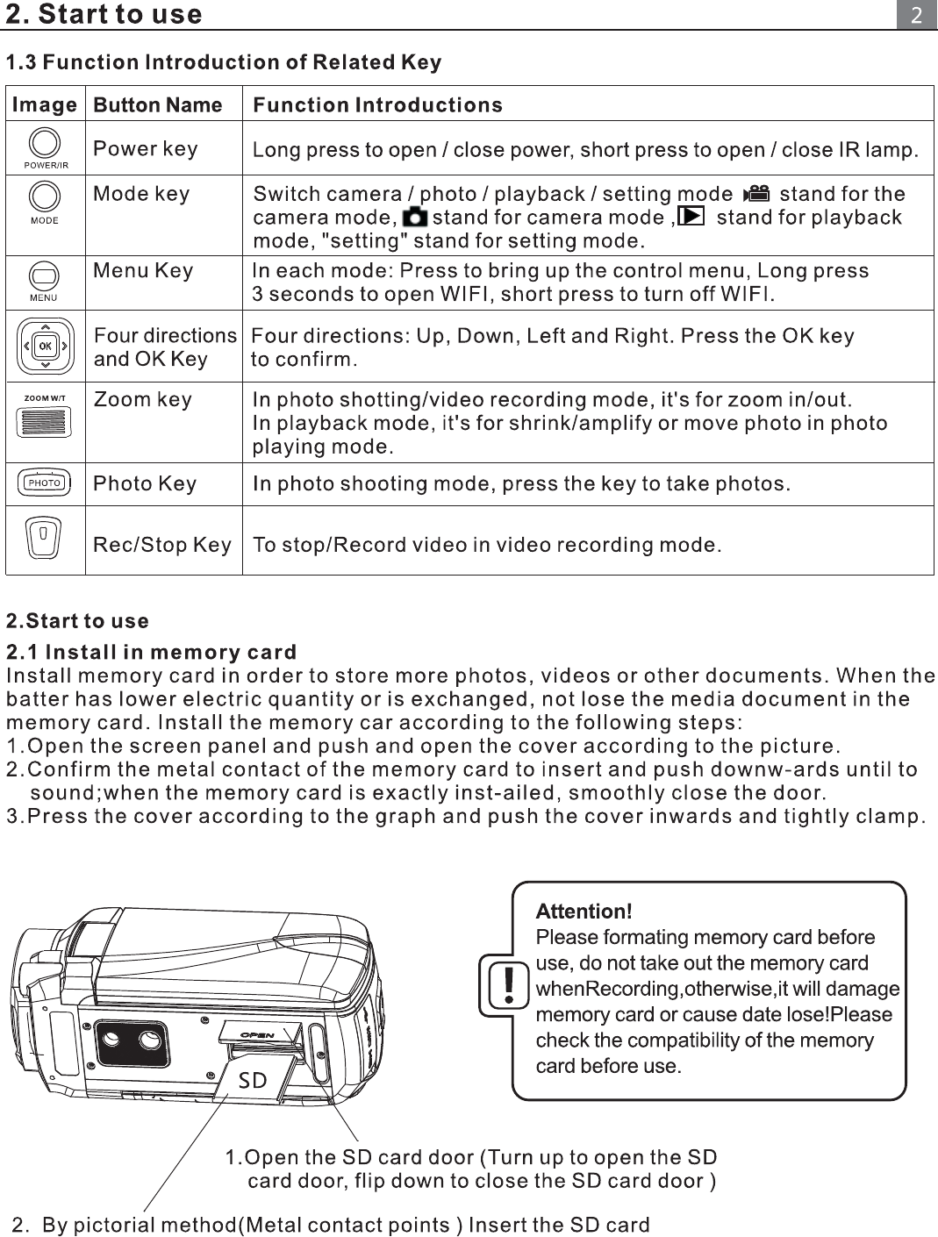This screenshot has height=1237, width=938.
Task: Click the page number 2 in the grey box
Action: coord(917,15)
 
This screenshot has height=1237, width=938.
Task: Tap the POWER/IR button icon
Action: coord(45,143)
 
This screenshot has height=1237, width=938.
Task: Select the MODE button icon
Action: coord(45,197)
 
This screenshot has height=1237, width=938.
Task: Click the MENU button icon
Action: coord(44,276)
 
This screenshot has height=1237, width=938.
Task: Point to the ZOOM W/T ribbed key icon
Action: coord(44,421)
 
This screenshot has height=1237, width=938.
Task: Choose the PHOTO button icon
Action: coord(44,483)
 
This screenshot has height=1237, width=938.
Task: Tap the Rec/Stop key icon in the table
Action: coord(43,537)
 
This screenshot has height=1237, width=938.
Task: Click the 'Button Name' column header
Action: coord(158,104)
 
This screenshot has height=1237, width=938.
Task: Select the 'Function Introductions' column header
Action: coord(377,104)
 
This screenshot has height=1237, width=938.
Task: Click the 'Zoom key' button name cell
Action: coord(143,399)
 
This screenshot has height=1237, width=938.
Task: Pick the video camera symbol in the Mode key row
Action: coord(756,193)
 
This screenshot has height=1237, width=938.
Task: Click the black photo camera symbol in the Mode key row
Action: coord(415,217)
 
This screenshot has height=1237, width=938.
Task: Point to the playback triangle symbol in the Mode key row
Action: coord(691,216)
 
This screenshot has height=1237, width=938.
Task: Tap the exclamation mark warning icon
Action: coord(508,985)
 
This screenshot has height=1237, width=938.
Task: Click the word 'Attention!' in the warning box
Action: coord(584,912)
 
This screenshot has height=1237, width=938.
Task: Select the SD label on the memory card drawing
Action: coord(252,1080)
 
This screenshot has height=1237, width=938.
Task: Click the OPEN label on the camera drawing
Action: coord(257,1034)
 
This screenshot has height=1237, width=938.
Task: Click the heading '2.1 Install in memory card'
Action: coord(151,652)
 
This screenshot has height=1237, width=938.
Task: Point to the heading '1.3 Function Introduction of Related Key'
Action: coord(224,62)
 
